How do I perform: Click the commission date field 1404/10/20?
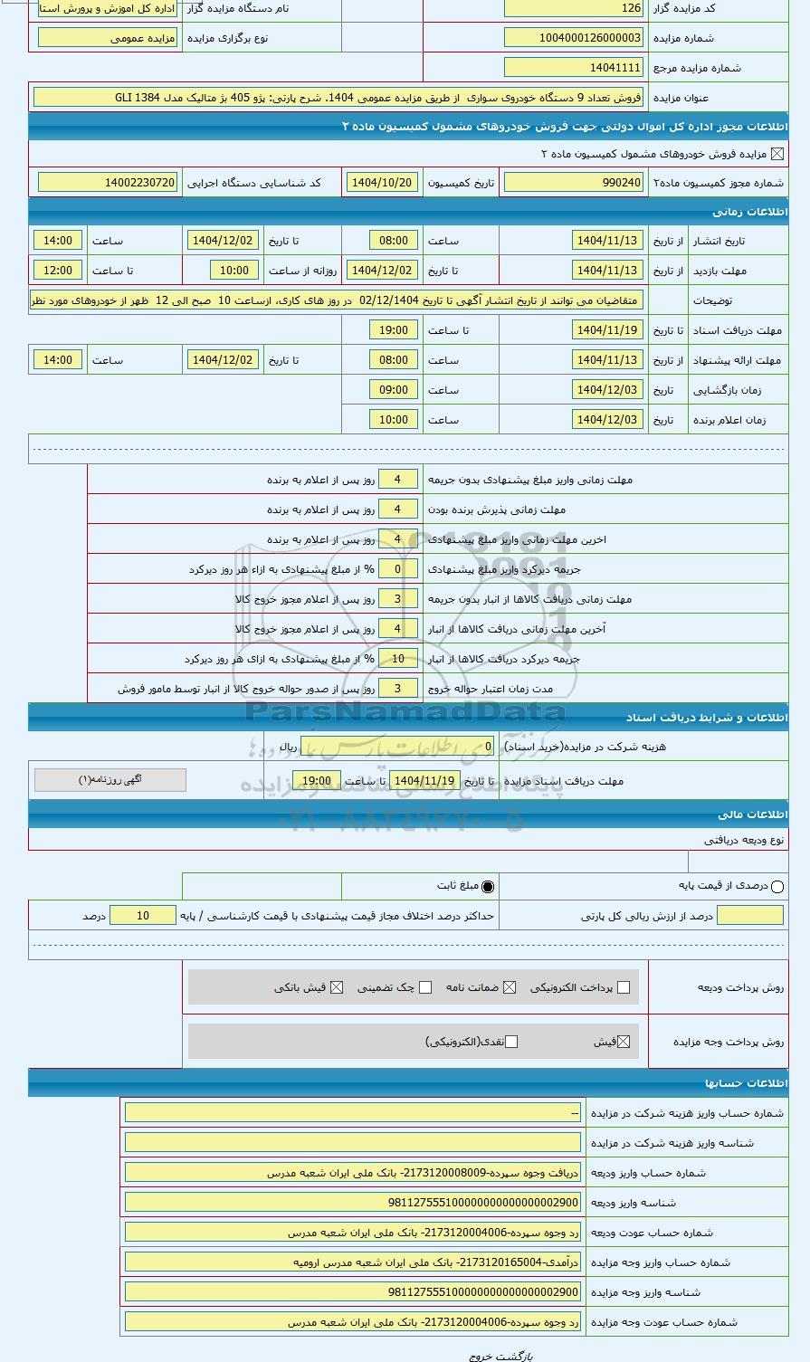[x=381, y=183]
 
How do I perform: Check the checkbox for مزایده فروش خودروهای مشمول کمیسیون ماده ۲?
[x=777, y=154]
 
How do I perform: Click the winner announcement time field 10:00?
[x=394, y=420]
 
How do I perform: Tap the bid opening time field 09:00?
[x=394, y=390]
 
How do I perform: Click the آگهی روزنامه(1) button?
[x=110, y=780]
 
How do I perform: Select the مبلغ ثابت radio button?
[x=488, y=887]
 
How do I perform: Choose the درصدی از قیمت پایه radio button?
[x=777, y=887]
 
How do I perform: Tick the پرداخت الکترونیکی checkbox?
[x=623, y=987]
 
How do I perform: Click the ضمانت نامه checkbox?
[x=510, y=987]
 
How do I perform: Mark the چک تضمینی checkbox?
[x=425, y=987]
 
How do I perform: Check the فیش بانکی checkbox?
[x=337, y=987]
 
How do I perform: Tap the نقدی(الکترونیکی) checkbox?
[x=511, y=1042]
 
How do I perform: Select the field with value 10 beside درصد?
[x=143, y=916]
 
